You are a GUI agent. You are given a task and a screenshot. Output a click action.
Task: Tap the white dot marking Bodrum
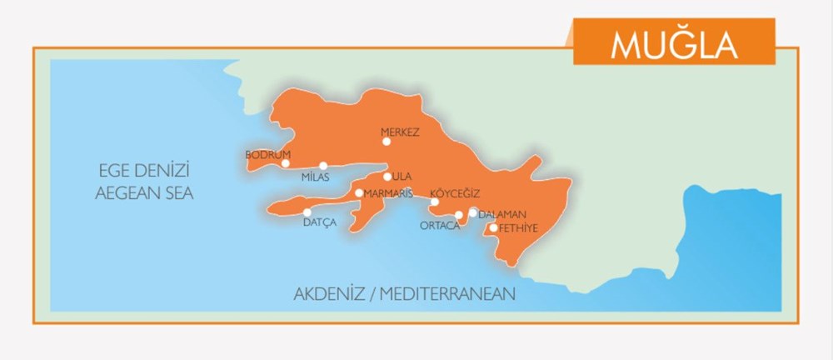click(x=286, y=163)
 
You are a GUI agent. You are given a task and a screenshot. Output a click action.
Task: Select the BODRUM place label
click(x=267, y=154)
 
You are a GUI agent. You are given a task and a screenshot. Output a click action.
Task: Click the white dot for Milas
click(x=323, y=166)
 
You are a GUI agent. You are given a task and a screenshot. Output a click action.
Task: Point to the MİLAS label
click(x=316, y=177)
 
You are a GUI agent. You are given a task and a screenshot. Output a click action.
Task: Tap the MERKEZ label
click(x=400, y=132)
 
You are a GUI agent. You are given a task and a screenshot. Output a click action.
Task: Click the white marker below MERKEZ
click(x=387, y=142)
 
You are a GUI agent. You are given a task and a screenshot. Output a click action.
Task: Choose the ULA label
click(x=403, y=177)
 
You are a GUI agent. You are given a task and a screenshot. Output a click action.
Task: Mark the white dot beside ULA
click(x=387, y=177)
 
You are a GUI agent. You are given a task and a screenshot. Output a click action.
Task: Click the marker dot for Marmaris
click(x=359, y=193)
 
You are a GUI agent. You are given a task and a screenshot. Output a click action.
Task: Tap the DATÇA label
click(x=319, y=222)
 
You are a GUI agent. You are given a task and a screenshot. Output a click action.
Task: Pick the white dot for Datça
click(x=307, y=212)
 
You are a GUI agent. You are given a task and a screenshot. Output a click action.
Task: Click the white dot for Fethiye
click(x=493, y=227)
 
